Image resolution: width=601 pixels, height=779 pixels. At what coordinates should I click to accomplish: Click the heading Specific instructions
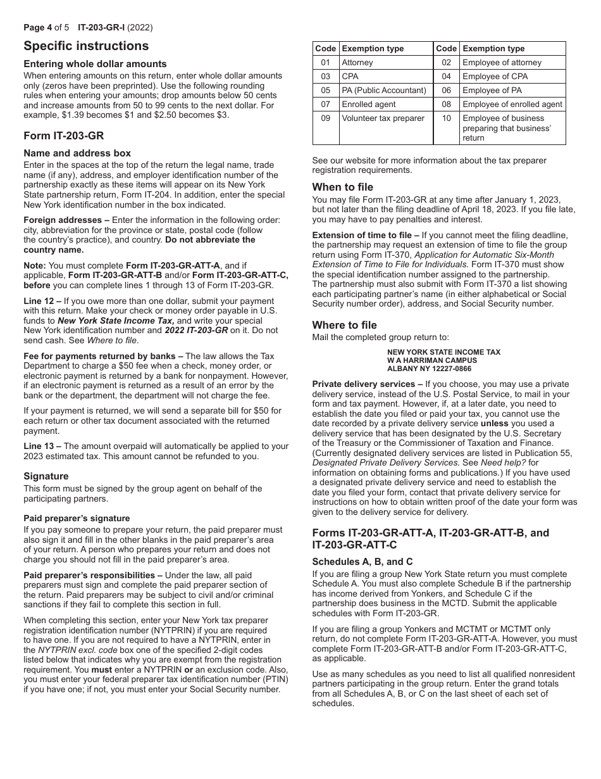86,46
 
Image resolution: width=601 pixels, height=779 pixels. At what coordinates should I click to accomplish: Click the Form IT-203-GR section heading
63,136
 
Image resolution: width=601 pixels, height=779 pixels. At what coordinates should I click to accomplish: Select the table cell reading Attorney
357,63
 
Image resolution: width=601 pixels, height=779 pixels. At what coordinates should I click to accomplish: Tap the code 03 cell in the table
325,77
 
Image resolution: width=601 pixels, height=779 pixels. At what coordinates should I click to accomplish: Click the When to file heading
342,187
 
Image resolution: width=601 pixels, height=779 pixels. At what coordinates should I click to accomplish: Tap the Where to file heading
344,325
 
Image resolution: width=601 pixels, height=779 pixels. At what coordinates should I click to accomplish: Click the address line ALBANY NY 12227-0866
429,369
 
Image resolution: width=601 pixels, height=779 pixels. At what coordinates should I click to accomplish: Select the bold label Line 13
37,446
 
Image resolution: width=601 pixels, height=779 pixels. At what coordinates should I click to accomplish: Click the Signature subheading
46,476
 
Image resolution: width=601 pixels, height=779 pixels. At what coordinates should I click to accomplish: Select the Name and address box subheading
77,153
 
